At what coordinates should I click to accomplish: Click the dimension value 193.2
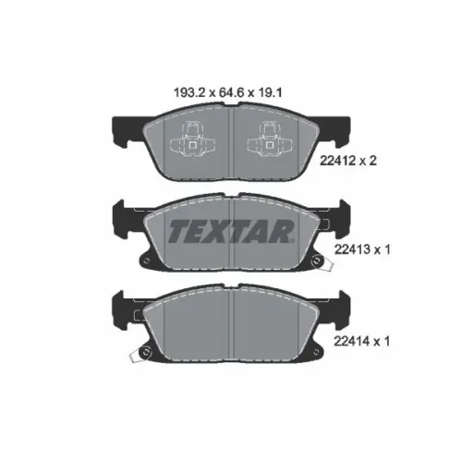(x=189, y=92)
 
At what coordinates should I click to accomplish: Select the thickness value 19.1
(x=270, y=92)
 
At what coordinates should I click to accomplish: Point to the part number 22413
(x=350, y=249)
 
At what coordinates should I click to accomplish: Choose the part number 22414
(x=350, y=341)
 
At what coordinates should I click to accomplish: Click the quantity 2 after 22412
(x=372, y=161)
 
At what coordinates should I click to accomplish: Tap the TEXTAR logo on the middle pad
(x=231, y=231)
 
